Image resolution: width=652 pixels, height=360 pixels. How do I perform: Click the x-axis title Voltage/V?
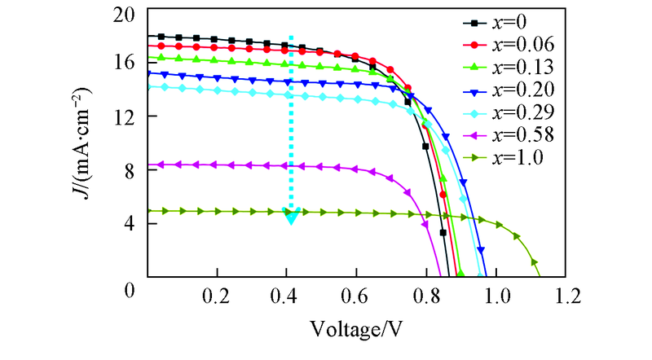tap(357, 329)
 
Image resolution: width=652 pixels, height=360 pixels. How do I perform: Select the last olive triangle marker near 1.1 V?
tap(535, 262)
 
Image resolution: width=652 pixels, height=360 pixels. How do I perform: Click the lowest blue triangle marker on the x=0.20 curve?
tap(481, 250)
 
